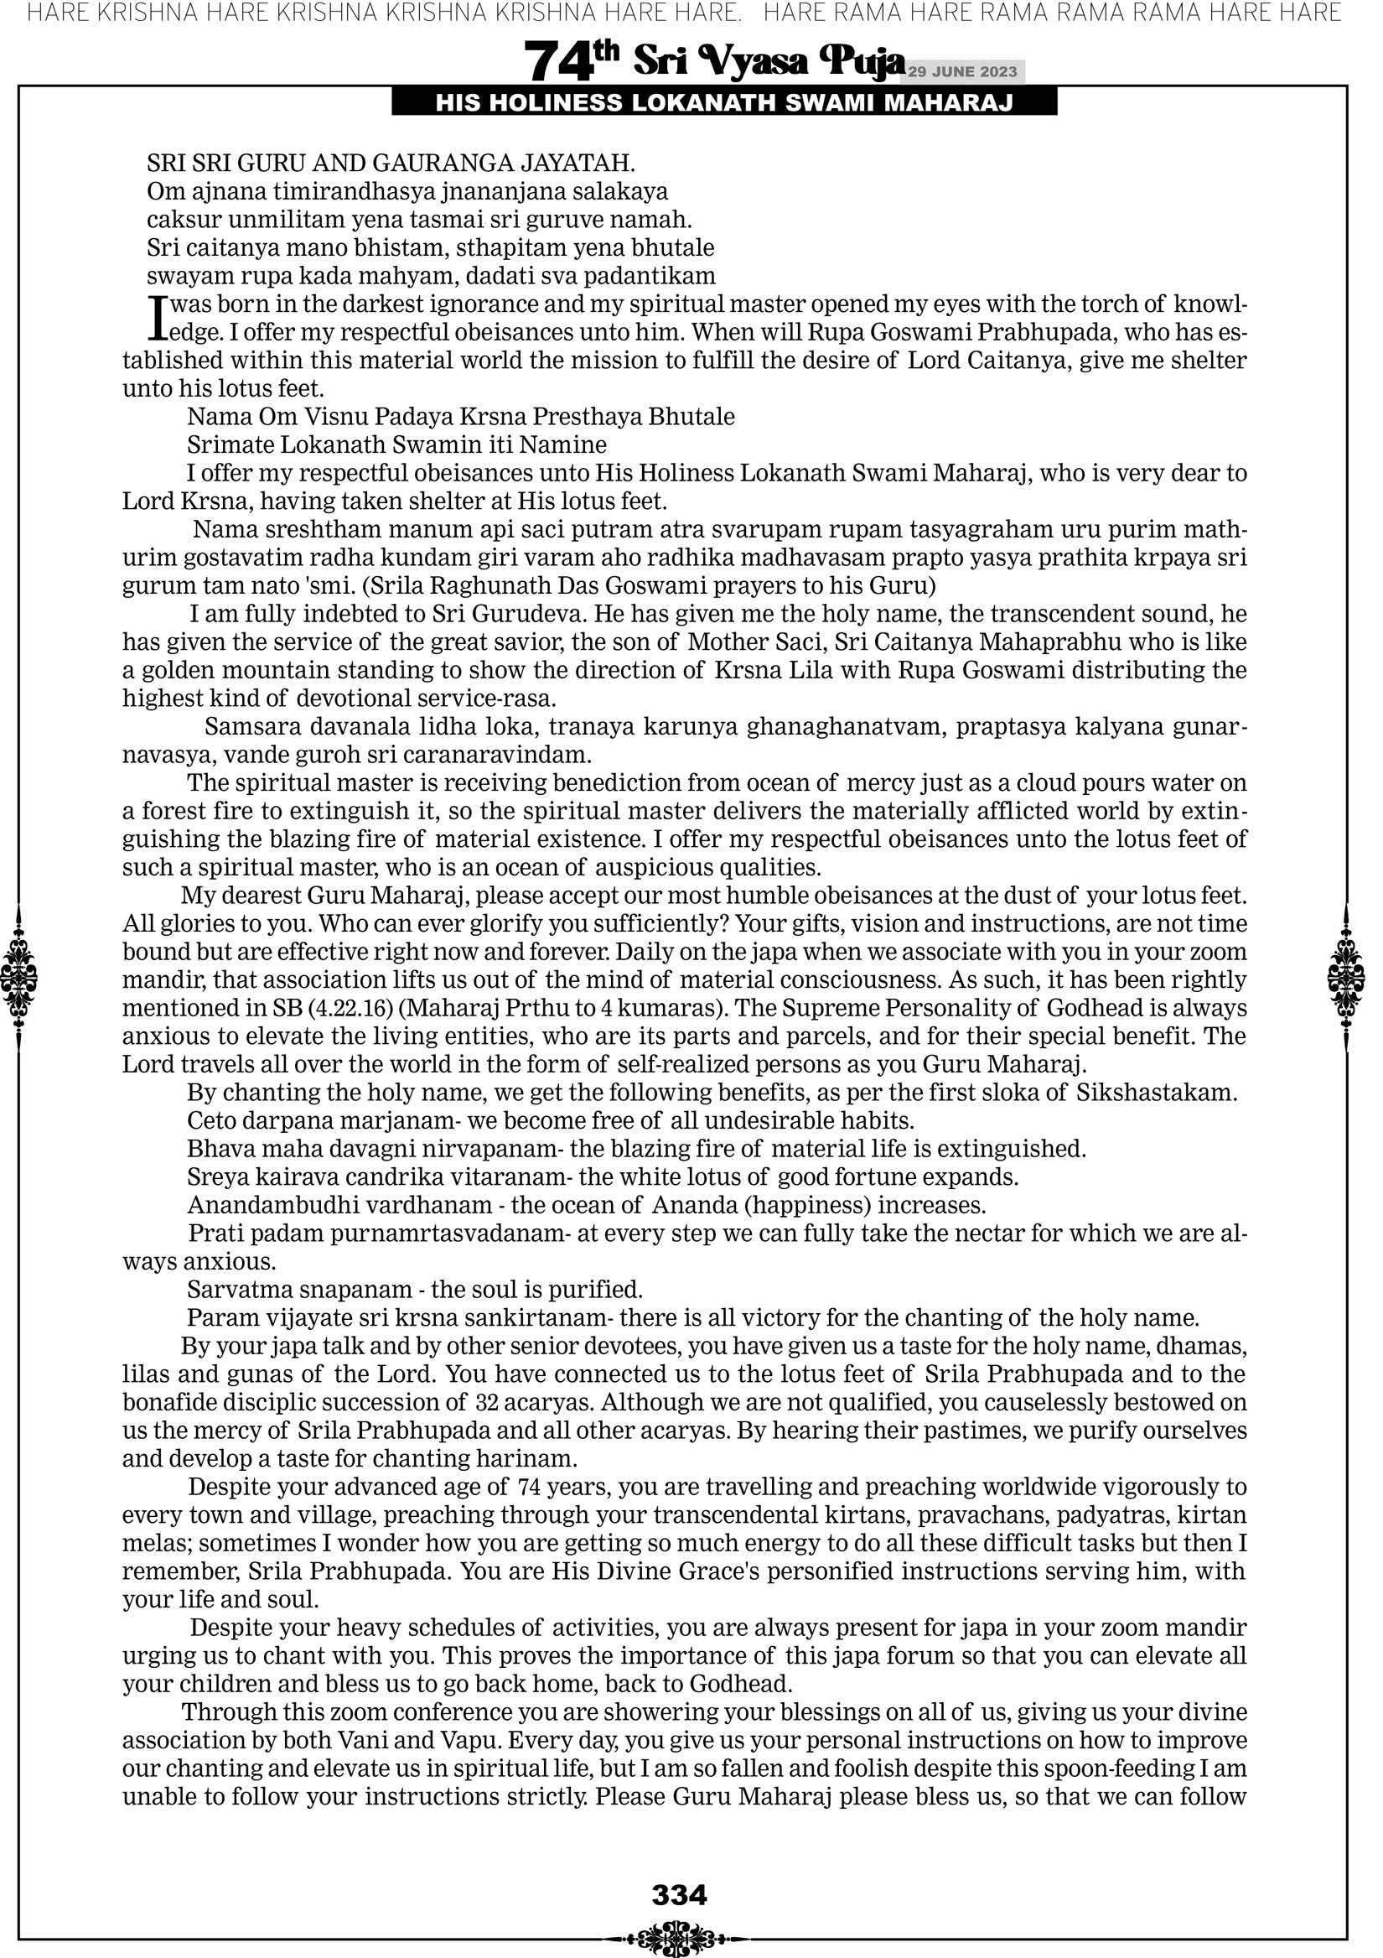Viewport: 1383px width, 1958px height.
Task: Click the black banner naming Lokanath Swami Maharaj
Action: tap(724, 103)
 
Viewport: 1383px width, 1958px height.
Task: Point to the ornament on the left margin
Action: tap(18, 978)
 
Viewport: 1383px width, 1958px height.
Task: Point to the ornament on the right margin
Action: tap(1346, 978)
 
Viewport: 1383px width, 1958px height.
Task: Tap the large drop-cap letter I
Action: tap(156, 314)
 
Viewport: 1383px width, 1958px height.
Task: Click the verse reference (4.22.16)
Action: tap(352, 1007)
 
